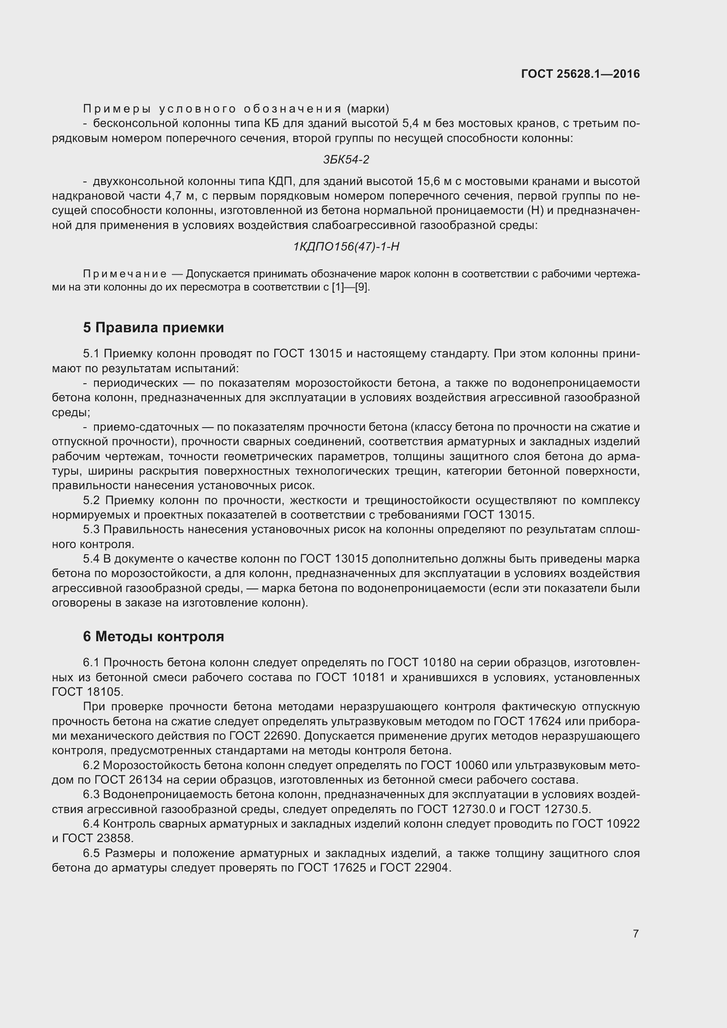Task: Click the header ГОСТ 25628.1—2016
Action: click(x=580, y=74)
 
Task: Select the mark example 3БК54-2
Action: click(x=345, y=160)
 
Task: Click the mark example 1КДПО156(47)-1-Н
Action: click(x=345, y=247)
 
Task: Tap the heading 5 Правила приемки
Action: click(x=153, y=328)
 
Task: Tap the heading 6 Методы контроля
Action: click(x=153, y=636)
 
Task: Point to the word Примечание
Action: click(x=125, y=274)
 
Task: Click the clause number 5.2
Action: click(x=91, y=500)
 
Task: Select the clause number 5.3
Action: click(x=91, y=530)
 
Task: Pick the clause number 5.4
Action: click(x=91, y=559)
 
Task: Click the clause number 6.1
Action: click(x=91, y=662)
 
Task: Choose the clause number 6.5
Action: click(x=91, y=854)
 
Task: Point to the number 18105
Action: click(x=105, y=692)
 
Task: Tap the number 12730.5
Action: click(x=567, y=810)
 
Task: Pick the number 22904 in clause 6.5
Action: click(x=432, y=868)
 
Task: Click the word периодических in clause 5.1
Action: click(x=135, y=383)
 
